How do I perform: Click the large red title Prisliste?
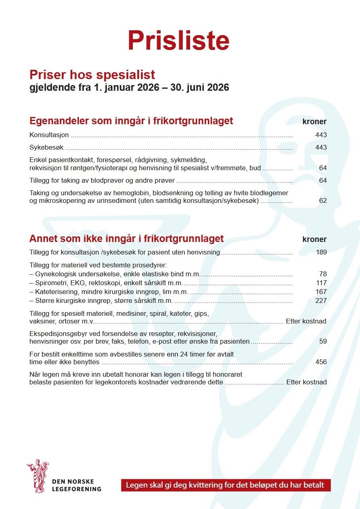coord(178,40)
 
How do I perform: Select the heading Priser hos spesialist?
coord(92,75)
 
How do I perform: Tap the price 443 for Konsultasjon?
coord(321,135)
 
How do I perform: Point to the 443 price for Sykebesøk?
coord(321,148)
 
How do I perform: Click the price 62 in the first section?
coord(322,201)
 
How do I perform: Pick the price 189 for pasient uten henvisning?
coord(321,253)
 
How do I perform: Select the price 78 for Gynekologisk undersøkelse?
coord(322,274)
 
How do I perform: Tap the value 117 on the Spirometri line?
coord(321,283)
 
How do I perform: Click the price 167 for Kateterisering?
coord(321,292)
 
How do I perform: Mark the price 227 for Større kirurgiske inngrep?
coord(321,301)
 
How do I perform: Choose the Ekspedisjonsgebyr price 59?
coord(322,342)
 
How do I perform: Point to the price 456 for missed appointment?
coord(321,362)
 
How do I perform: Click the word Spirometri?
coord(51,283)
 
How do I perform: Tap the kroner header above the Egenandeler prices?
coord(314,122)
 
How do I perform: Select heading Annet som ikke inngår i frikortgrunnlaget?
coord(126,239)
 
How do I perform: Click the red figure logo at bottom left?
coord(38,476)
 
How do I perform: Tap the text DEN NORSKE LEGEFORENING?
coord(77,486)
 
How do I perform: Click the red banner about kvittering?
coord(226,485)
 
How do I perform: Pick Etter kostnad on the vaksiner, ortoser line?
coord(306,321)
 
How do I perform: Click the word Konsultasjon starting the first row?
coord(49,135)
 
